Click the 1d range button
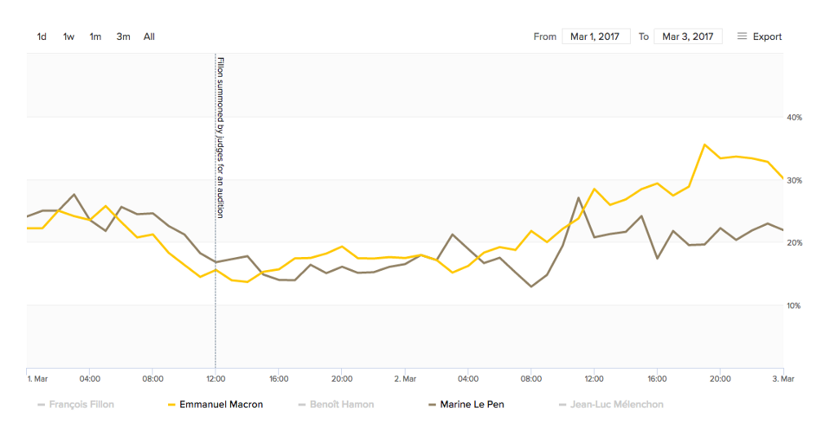coord(42,37)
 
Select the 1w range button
coord(69,37)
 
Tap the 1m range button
coord(95,37)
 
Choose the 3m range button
coord(123,37)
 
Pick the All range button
coord(149,37)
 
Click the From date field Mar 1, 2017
coord(596,37)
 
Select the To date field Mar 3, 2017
coord(688,37)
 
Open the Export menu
coord(760,37)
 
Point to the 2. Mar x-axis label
coord(406,379)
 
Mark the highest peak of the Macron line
coord(704,144)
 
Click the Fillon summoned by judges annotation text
coord(220,137)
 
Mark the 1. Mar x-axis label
coord(38,379)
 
